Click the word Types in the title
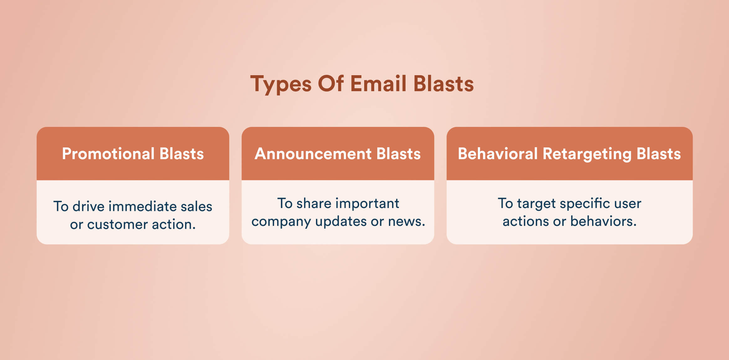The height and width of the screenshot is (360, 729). click(x=281, y=84)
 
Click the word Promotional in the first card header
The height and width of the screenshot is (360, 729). click(x=108, y=154)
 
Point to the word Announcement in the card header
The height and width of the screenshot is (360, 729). click(x=313, y=154)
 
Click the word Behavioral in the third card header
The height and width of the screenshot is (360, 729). click(x=498, y=154)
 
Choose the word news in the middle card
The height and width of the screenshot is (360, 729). click(x=406, y=222)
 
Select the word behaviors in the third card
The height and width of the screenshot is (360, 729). click(x=603, y=222)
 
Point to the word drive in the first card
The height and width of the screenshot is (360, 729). click(x=88, y=206)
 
